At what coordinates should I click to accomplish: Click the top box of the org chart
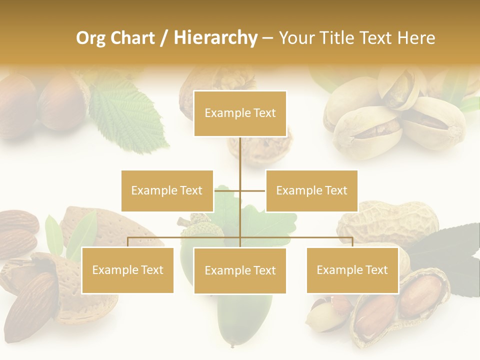[x=240, y=113]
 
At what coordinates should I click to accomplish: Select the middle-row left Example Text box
[x=167, y=190]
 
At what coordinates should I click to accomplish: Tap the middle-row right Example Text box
[x=311, y=190]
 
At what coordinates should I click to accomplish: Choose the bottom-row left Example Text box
[x=127, y=270]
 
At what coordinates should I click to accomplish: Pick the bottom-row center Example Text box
[x=240, y=270]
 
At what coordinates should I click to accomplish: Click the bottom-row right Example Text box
[x=352, y=270]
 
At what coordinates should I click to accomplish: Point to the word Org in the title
[x=91, y=38]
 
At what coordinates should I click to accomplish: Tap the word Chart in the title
[x=132, y=38]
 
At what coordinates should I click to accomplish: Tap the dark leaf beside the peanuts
[x=450, y=245]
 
